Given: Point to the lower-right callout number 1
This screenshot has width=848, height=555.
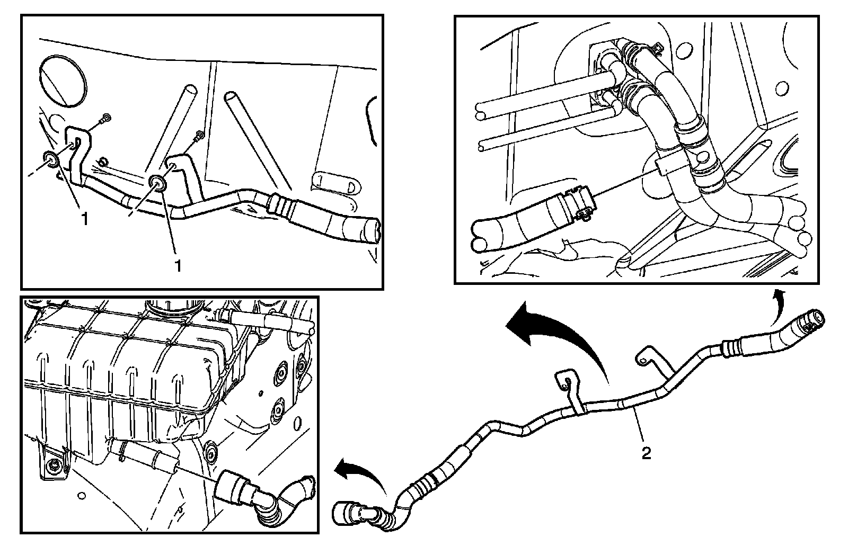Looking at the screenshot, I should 178,265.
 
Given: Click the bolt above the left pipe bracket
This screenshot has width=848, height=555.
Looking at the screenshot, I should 105,117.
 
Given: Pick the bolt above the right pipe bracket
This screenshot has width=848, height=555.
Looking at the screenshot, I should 199,135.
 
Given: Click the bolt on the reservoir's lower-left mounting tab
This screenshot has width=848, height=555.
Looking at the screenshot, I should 55,466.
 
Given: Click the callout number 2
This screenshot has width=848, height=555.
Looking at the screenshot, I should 646,453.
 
